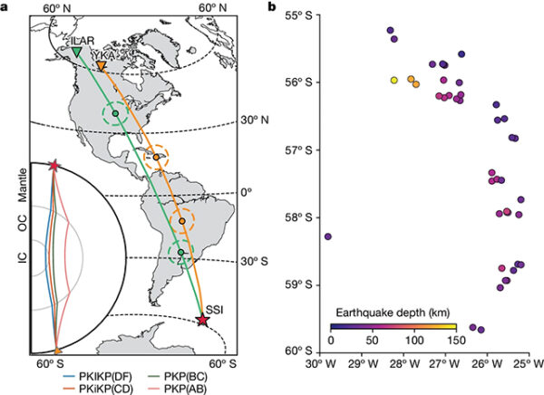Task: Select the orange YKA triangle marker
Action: (101, 67)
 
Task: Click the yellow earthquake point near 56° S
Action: (394, 80)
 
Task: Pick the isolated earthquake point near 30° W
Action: (327, 236)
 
